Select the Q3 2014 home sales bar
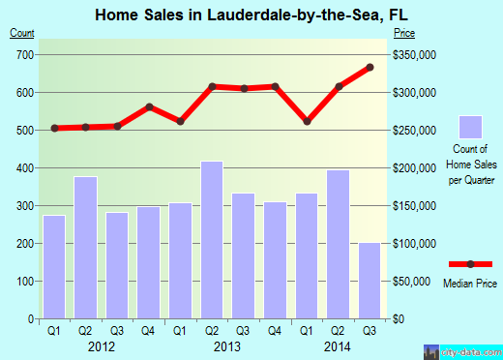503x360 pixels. [x=370, y=281]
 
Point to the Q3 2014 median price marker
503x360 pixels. [x=370, y=68]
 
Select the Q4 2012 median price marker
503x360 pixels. [x=149, y=106]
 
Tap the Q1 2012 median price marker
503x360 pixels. [x=55, y=128]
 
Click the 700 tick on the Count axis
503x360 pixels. [x=21, y=54]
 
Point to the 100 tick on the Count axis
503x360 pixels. [x=21, y=282]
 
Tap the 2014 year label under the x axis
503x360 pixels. [x=339, y=346]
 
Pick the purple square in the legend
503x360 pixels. [x=470, y=127]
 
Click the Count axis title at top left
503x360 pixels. [x=20, y=33]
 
